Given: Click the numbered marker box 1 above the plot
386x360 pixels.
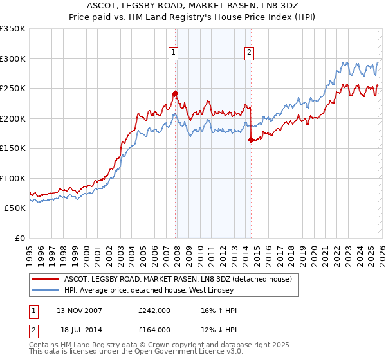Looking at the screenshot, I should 174,53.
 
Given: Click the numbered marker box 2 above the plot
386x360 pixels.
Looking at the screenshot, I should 250,53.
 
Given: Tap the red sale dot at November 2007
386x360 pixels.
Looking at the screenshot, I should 175,93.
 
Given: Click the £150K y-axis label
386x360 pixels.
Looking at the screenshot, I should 13,148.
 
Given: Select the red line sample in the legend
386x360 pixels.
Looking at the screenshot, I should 46,279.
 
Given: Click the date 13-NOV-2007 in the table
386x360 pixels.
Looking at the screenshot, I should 79,310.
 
